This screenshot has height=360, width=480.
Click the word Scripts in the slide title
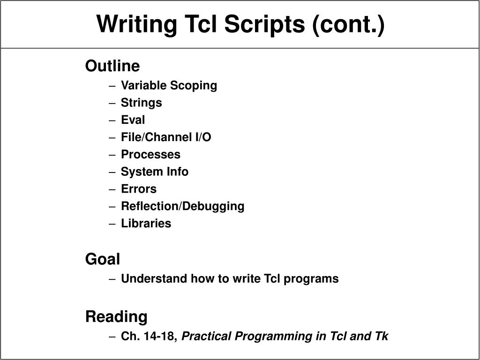tap(264, 24)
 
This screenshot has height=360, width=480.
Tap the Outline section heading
tap(112, 66)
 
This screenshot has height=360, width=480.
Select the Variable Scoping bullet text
tap(169, 86)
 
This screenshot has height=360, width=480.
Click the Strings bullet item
tap(141, 103)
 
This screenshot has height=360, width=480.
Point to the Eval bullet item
tap(133, 120)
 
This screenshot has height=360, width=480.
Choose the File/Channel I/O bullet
tap(166, 137)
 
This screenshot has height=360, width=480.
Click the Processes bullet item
tap(150, 154)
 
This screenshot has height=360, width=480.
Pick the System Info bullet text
tap(155, 172)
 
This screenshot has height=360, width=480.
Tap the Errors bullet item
tap(139, 189)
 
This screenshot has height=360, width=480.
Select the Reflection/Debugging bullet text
tap(182, 206)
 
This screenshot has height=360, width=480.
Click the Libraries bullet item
tap(146, 224)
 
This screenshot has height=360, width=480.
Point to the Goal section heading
tap(103, 259)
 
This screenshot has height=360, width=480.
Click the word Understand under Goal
tap(154, 279)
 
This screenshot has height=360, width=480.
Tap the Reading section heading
tap(116, 317)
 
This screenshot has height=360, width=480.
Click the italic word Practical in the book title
tap(207, 337)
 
